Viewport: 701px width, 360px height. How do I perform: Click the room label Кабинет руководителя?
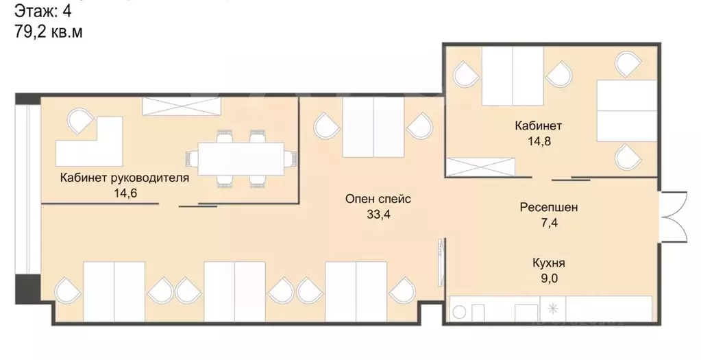pyautogui.click(x=125, y=178)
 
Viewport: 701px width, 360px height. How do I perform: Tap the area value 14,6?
pyautogui.click(x=125, y=193)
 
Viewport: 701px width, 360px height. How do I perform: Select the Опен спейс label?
pyautogui.click(x=378, y=200)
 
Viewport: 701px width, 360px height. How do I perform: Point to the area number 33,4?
pyautogui.click(x=379, y=215)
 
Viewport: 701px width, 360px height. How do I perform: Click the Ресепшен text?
pyautogui.click(x=549, y=208)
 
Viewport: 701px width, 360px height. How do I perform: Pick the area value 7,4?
pyautogui.click(x=549, y=222)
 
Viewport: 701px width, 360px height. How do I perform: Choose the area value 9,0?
pyautogui.click(x=549, y=278)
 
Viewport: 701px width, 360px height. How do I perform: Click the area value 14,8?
pyautogui.click(x=539, y=141)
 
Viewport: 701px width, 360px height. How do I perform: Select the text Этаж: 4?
pyautogui.click(x=43, y=11)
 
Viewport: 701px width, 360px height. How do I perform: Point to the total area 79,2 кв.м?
pyautogui.click(x=49, y=32)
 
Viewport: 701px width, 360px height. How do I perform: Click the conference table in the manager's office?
pyautogui.click(x=241, y=159)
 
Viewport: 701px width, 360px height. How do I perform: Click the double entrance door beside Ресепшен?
pyautogui.click(x=674, y=217)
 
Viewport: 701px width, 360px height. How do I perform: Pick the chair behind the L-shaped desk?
pyautogui.click(x=80, y=121)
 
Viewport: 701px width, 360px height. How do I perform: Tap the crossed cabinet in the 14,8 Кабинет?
pyautogui.click(x=480, y=167)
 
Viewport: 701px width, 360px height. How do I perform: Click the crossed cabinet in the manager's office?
pyautogui.click(x=182, y=106)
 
